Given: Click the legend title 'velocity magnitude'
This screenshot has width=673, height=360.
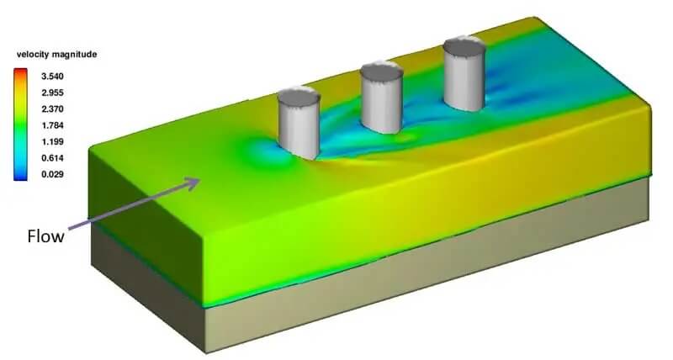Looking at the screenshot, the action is click(56, 55).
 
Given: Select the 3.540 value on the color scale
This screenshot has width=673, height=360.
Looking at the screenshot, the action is click(52, 77).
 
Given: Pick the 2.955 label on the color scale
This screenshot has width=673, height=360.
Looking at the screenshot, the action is click(52, 93).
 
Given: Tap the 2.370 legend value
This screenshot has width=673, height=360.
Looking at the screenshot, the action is click(52, 109).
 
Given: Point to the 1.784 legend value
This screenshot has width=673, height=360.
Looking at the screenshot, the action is click(52, 125).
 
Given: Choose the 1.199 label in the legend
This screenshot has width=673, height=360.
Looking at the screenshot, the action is click(52, 141).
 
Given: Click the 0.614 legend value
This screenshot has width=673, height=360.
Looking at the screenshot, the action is click(52, 158).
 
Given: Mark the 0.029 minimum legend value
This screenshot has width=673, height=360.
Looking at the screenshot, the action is click(52, 174).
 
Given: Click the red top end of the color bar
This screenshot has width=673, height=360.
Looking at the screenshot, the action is click(20, 71).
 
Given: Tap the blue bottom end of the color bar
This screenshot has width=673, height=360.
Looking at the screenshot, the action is click(20, 177).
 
